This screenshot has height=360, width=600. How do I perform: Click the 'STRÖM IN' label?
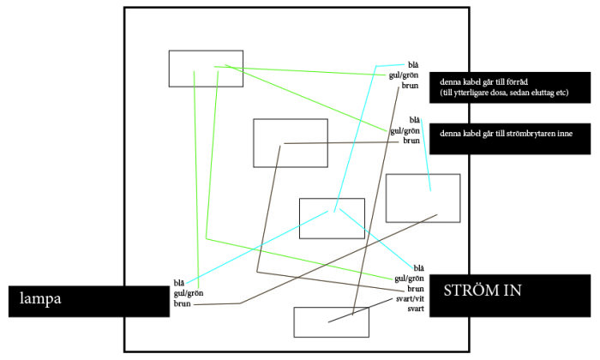[482, 291]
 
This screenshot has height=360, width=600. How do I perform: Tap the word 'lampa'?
[40, 298]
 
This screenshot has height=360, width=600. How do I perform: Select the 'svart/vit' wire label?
[410, 299]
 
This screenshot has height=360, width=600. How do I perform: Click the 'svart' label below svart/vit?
[416, 309]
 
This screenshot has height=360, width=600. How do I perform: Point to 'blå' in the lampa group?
[178, 283]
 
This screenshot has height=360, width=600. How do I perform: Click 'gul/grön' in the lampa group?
[189, 293]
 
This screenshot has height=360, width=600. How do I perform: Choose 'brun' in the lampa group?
[182, 303]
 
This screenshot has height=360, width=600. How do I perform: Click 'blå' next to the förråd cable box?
[413, 65]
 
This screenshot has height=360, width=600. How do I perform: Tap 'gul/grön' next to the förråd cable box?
[404, 75]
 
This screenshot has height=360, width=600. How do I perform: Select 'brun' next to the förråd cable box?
[410, 86]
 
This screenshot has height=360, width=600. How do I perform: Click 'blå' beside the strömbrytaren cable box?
[414, 120]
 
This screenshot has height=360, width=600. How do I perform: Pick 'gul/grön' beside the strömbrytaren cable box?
[405, 131]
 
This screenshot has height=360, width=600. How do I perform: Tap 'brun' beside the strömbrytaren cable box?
[411, 141]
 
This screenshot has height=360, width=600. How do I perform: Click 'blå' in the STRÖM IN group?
[418, 268]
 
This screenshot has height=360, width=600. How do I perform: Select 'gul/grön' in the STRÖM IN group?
[409, 279]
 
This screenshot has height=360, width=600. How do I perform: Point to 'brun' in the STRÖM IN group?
[416, 289]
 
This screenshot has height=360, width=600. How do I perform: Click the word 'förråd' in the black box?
[518, 82]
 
